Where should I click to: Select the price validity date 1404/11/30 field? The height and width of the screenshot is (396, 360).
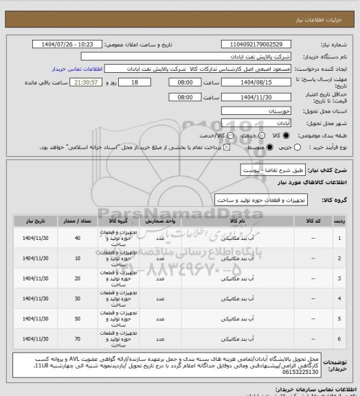(251, 97)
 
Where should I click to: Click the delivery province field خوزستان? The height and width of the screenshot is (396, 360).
(251, 110)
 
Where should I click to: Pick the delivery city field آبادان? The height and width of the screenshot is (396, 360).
(251, 122)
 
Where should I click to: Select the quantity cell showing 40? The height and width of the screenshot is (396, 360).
(76, 238)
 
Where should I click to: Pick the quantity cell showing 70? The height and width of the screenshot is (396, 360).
(76, 339)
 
